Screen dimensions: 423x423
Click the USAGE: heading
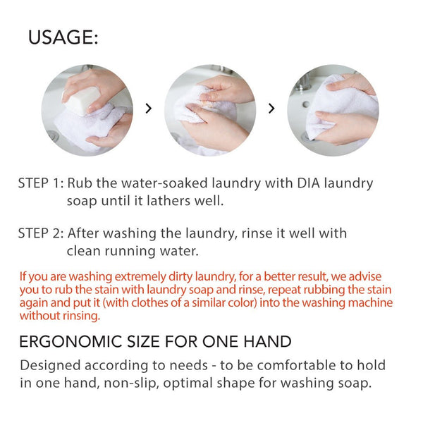click(x=63, y=37)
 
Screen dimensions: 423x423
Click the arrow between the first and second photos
click(x=148, y=109)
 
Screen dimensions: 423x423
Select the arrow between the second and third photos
click(x=271, y=109)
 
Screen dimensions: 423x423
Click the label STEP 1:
click(x=41, y=183)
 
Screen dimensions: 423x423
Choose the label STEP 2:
click(x=41, y=233)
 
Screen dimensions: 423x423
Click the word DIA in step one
click(x=308, y=183)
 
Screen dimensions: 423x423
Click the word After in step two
click(x=83, y=233)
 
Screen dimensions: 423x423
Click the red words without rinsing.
click(x=60, y=316)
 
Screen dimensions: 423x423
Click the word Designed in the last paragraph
click(x=50, y=366)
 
